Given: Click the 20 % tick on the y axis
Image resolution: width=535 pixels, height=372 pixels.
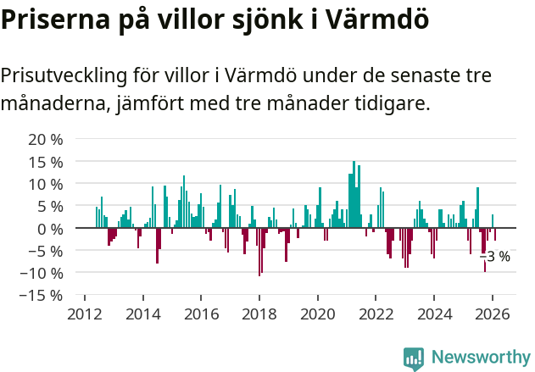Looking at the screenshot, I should tap(46, 139).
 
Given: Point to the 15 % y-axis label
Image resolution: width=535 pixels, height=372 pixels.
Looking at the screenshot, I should tap(46, 162).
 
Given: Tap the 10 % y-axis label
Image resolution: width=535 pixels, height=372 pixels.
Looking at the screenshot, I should tap(46, 184).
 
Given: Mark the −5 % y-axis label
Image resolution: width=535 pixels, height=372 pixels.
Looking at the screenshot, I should tap(46, 251).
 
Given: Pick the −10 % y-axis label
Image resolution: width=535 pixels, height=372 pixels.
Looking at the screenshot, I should tap(42, 273).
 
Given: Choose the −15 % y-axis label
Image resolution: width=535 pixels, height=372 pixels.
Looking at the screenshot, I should tap(42, 296).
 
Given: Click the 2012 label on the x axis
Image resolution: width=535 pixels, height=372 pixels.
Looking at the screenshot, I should tap(85, 314).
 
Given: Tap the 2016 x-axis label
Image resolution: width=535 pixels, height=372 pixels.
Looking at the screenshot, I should tap(201, 314).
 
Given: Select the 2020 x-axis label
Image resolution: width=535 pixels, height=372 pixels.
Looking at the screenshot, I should tap(318, 314).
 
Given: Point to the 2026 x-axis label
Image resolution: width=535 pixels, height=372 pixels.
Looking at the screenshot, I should tap(493, 314).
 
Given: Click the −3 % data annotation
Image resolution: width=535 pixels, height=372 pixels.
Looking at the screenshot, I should tap(495, 257).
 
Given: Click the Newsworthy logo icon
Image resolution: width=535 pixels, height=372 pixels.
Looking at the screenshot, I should tap(414, 358).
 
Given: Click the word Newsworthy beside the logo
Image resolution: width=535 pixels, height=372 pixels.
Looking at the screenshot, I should tap(480, 358).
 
